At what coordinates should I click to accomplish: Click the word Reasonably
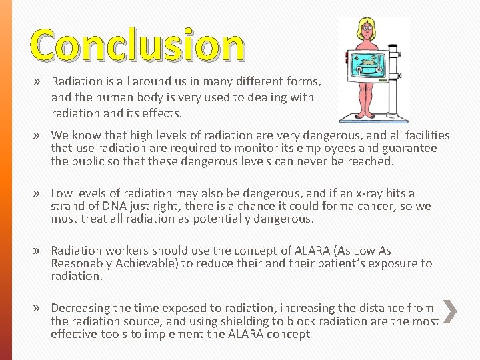point(85,263)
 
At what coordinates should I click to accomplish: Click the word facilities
point(423,135)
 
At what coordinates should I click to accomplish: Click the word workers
point(126,251)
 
